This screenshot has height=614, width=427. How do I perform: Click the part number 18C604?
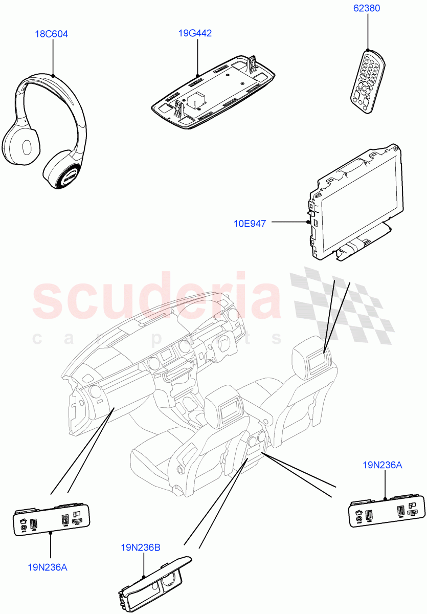coord(51,34)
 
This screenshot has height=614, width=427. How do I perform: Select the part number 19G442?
coord(195,34)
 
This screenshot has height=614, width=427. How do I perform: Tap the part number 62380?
coord(366,9)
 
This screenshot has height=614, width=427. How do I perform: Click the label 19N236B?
coord(141,547)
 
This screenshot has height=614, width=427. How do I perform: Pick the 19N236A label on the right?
coord(382,465)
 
